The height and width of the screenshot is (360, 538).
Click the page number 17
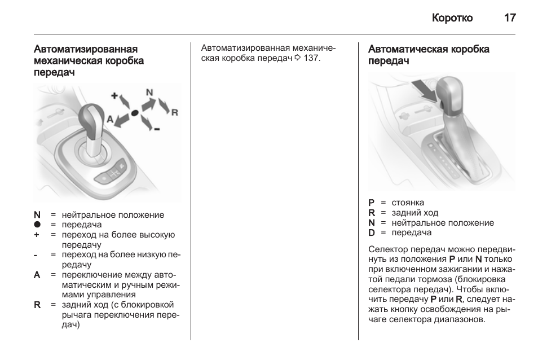pyautogui.click(x=509, y=18)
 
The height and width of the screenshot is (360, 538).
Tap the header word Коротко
pyautogui.click(x=452, y=18)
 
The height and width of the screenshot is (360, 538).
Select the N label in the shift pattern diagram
pyautogui.click(x=149, y=92)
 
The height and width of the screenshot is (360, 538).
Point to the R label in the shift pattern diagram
pyautogui.click(x=174, y=112)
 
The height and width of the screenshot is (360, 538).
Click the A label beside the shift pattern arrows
pyautogui.click(x=110, y=119)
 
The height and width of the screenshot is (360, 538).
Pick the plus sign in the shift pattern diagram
pyautogui.click(x=114, y=96)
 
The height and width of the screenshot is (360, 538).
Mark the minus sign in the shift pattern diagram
pyautogui.click(x=156, y=130)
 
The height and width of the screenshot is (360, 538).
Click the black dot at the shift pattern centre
pyautogui.click(x=135, y=113)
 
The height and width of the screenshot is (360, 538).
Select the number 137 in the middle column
pyautogui.click(x=311, y=59)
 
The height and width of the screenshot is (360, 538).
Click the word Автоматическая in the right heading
pyautogui.click(x=406, y=49)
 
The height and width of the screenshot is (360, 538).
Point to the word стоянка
pyautogui.click(x=408, y=203)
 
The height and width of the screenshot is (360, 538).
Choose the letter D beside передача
pyautogui.click(x=372, y=232)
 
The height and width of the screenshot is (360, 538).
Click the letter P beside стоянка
pyautogui.click(x=372, y=203)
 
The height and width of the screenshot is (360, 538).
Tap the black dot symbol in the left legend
pyautogui.click(x=37, y=225)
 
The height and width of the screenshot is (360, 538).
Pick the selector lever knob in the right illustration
pyautogui.click(x=449, y=90)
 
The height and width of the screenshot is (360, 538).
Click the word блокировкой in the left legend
pyautogui.click(x=152, y=305)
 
